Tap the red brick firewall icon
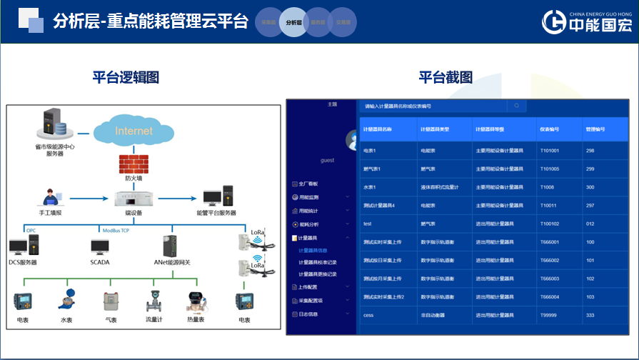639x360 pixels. (x=134, y=163)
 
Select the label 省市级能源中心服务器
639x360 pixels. (x=56, y=150)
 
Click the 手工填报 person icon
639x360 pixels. (x=49, y=196)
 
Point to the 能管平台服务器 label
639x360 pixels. (x=216, y=213)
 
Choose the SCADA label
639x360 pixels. (x=100, y=262)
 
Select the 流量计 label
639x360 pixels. (x=154, y=320)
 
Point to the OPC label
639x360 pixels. (x=31, y=231)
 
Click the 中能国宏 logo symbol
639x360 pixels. (x=555, y=21)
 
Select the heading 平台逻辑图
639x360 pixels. (x=126, y=77)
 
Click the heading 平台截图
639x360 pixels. (x=446, y=77)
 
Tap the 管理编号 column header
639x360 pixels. (x=595, y=129)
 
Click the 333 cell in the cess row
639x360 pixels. (x=590, y=315)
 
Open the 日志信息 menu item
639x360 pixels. (x=309, y=314)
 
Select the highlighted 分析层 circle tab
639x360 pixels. (x=293, y=22)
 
